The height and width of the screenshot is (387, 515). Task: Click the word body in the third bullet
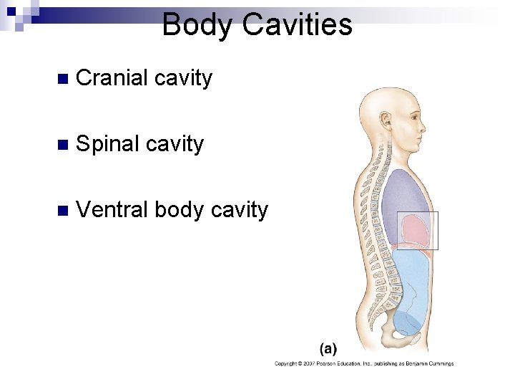tap(177, 210)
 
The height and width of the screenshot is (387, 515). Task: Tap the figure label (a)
tap(328, 349)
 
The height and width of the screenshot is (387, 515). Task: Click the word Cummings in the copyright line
tap(439, 364)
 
